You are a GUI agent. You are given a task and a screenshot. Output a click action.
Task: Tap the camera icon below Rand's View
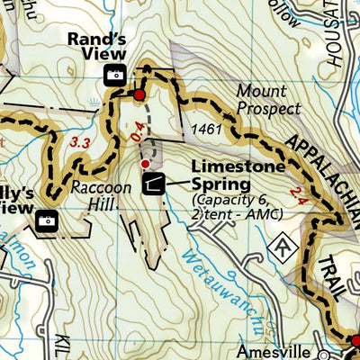click(115, 76)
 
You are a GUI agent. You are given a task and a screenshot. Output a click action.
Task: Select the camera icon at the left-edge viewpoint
click(45, 219)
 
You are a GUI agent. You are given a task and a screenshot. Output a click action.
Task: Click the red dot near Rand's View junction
click(139, 94)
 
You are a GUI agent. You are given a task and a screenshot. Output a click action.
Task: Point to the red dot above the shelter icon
click(146, 163)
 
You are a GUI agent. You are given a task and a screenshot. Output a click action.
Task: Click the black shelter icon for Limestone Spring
click(152, 184)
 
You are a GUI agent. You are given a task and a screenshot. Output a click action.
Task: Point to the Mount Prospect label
click(269, 100)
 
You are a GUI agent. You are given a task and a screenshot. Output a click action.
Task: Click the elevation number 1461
click(206, 131)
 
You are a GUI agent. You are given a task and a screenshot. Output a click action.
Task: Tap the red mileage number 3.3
click(80, 141)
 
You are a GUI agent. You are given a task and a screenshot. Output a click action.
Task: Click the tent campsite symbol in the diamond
click(283, 244)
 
